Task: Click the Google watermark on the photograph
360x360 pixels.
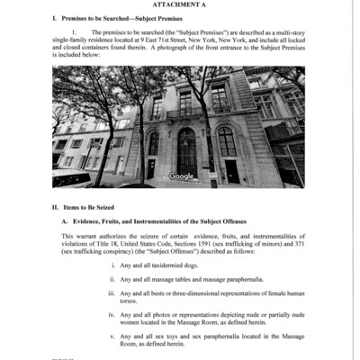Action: pos(181,176)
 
